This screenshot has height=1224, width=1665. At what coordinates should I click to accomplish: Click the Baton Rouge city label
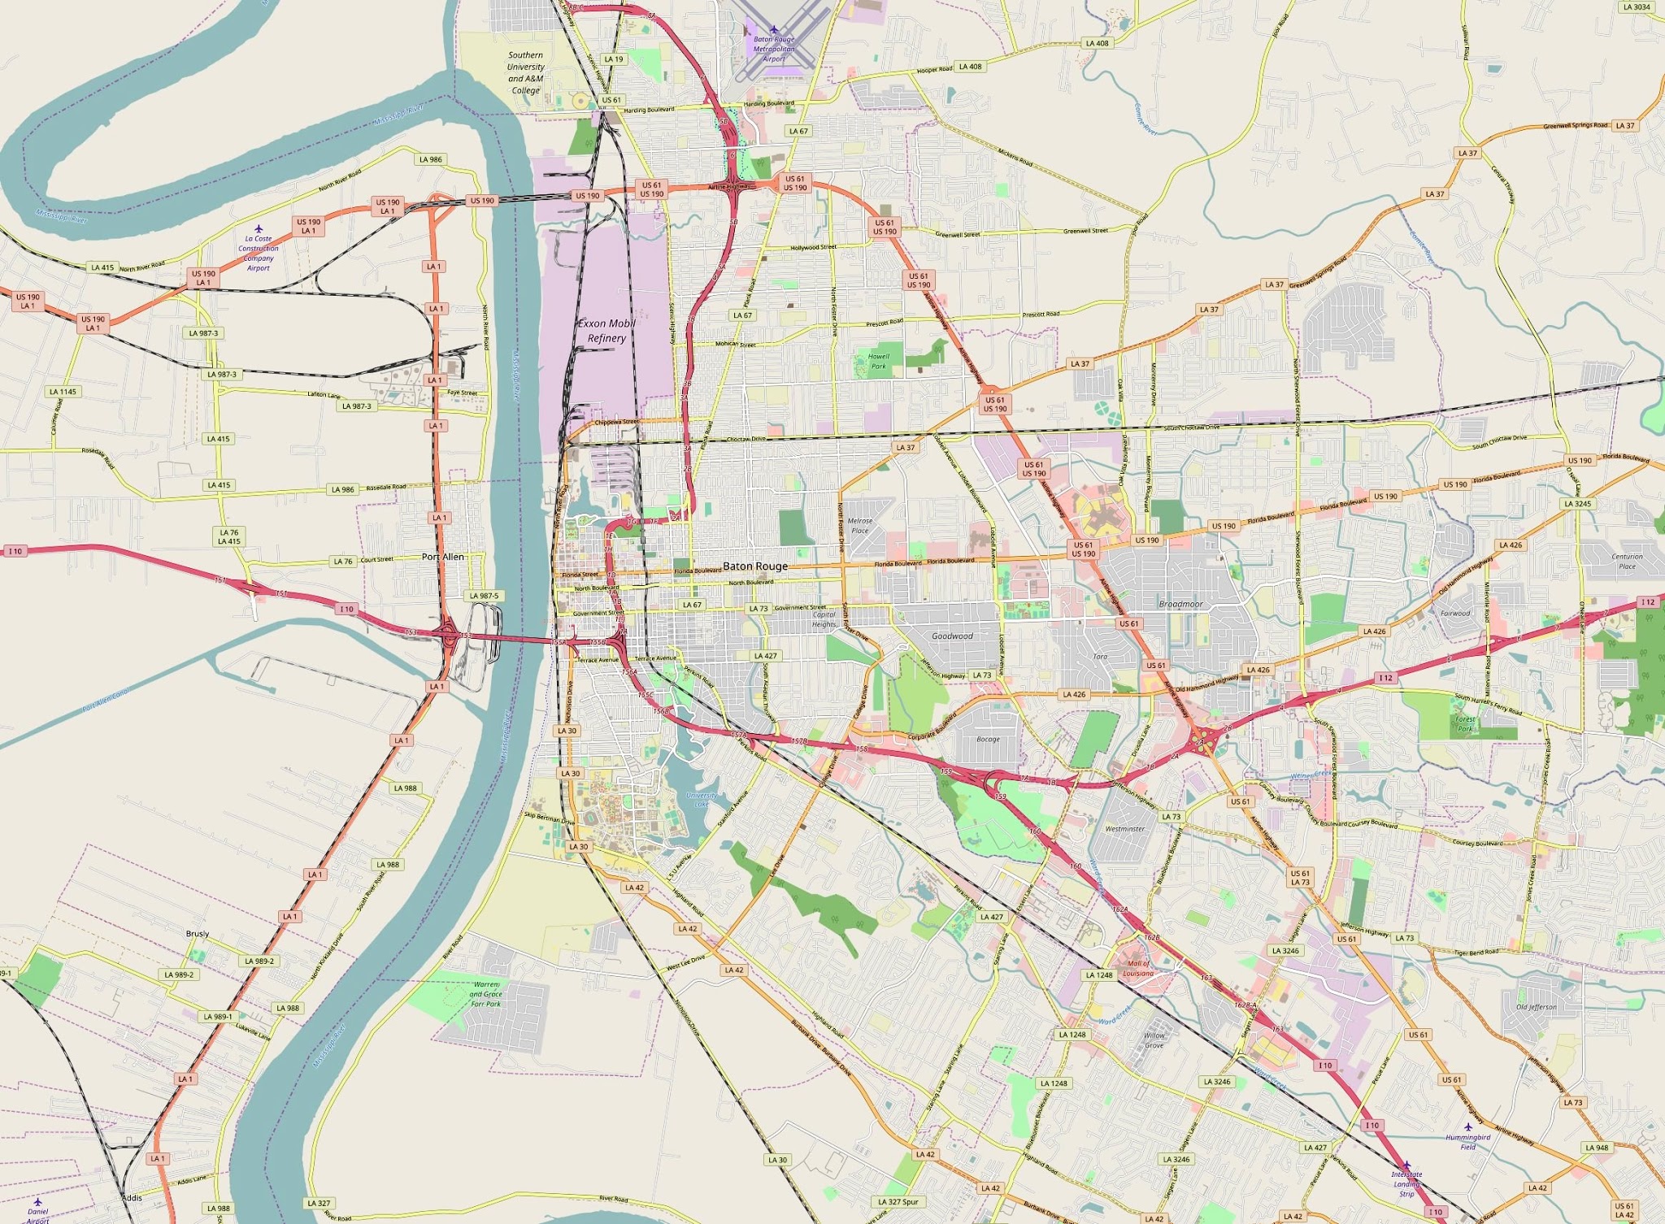pos(755,566)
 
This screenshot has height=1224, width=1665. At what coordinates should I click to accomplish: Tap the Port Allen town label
pos(443,557)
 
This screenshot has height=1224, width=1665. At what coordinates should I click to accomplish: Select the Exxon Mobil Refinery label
pos(606,331)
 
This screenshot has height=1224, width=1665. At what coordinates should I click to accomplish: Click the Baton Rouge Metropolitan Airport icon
pos(774,30)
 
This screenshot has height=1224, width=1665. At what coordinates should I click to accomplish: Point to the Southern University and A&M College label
pos(526,73)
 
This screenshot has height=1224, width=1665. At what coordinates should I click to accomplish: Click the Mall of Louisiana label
pos(1138,969)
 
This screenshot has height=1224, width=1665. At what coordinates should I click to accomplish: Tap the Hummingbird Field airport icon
pos(1467,1127)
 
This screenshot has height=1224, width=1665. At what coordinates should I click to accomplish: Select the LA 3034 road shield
pos(1636,7)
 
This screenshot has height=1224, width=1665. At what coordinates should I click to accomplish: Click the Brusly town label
pos(198,934)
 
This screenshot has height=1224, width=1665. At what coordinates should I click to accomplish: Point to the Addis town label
pos(132,1198)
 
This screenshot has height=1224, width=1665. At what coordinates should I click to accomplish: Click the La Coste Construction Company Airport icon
pos(259,229)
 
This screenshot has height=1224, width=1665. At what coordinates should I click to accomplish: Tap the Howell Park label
pos(879,361)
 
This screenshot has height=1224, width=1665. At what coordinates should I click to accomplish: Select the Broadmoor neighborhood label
pos(1180,604)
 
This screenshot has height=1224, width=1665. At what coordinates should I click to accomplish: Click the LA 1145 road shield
pos(63,392)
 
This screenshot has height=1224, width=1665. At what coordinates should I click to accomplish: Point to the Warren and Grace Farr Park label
pos(486,994)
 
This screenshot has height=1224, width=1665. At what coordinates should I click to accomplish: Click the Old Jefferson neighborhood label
pos(1536,1007)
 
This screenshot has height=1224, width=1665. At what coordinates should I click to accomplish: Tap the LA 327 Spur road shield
pos(898,1202)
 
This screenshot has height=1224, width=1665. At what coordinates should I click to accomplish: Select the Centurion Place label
pos(1627,562)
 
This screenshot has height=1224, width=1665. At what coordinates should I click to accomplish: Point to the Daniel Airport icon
pos(37,1201)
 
